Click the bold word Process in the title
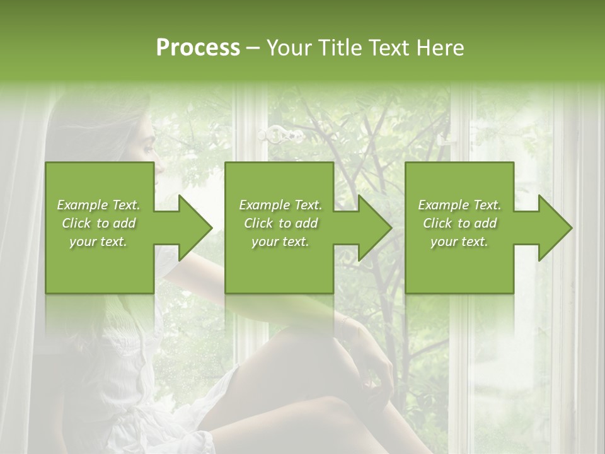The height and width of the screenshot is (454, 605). pyautogui.click(x=198, y=48)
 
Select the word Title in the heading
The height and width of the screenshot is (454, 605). pyautogui.click(x=339, y=48)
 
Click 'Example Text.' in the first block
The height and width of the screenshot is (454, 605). pyautogui.click(x=99, y=205)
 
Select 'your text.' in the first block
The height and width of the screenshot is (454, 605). pyautogui.click(x=99, y=242)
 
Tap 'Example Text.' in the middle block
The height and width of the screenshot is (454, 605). pyautogui.click(x=280, y=205)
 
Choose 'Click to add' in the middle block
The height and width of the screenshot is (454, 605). pyautogui.click(x=280, y=223)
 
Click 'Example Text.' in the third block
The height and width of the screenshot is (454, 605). pyautogui.click(x=459, y=205)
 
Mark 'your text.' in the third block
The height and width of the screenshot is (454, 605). pyautogui.click(x=459, y=242)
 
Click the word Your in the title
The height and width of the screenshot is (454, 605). pyautogui.click(x=290, y=48)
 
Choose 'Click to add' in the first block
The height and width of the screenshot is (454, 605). pyautogui.click(x=99, y=223)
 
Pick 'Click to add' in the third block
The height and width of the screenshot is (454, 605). pyautogui.click(x=459, y=223)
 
